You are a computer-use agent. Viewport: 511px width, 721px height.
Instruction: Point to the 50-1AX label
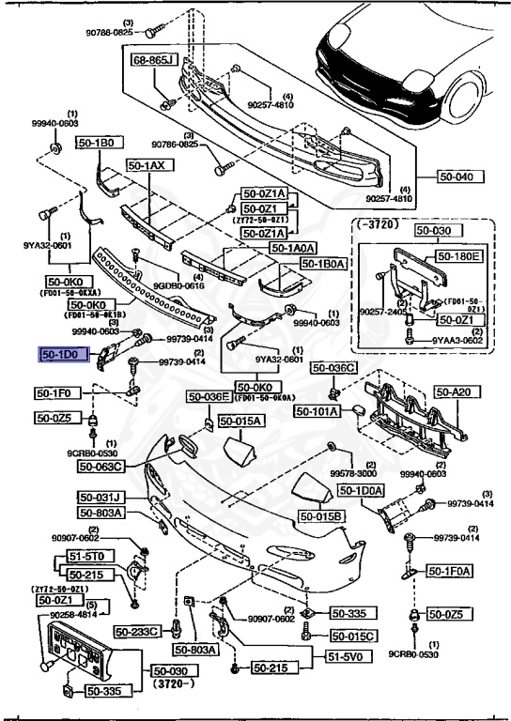pyautogui.click(x=146, y=164)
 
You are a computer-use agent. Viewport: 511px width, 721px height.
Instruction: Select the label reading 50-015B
pyautogui.click(x=322, y=516)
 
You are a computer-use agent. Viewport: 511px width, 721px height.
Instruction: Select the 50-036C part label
pyautogui.click(x=333, y=368)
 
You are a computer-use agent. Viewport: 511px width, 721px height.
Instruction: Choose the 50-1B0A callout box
pyautogui.click(x=324, y=264)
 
